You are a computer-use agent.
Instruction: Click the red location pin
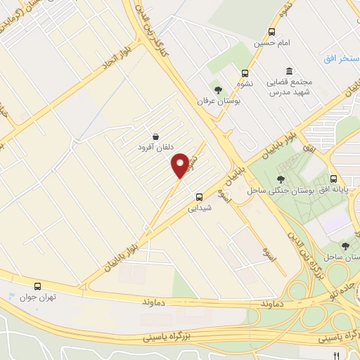(181, 165)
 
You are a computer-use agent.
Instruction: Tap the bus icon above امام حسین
(271, 31)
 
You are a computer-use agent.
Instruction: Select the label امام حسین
(271, 43)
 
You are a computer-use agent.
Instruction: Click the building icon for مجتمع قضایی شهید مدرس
(289, 71)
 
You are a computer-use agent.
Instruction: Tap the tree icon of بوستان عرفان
(218, 89)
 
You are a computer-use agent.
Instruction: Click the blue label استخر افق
(341, 58)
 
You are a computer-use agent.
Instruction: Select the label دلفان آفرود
(155, 148)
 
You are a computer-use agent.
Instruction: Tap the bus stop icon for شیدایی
(199, 196)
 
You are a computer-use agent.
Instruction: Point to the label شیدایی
(199, 208)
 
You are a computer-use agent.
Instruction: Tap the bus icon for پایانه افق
(334, 179)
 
